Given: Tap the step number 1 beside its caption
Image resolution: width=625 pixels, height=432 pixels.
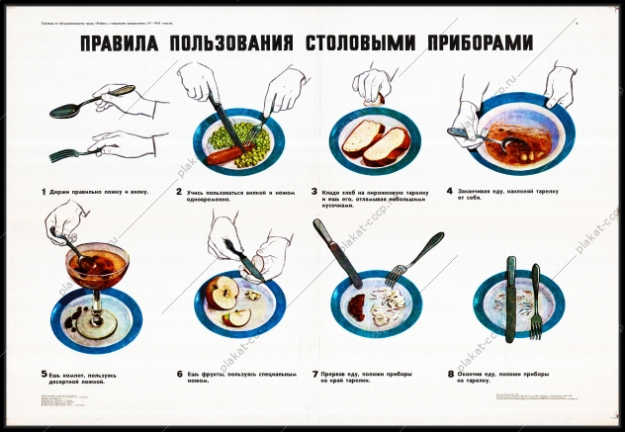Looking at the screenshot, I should [44, 190].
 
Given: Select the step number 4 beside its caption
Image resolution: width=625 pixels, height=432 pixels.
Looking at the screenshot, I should [449, 190].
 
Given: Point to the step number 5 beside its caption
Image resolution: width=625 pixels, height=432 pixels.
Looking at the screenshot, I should [44, 374].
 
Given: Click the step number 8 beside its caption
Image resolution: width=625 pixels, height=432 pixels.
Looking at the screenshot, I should [450, 374].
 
